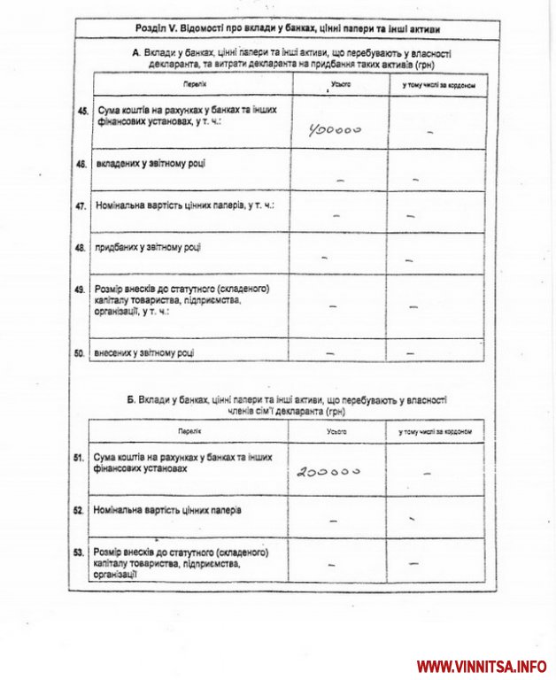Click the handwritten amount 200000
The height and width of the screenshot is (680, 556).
pyautogui.click(x=328, y=472)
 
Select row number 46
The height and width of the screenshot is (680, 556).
pyautogui.click(x=81, y=165)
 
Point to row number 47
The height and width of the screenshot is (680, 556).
pyautogui.click(x=81, y=205)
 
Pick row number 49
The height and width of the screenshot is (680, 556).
pyautogui.click(x=81, y=290)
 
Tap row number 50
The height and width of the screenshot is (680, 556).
pyautogui.click(x=81, y=353)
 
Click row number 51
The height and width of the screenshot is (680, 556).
pyautogui.click(x=79, y=458)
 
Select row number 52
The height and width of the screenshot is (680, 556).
pyautogui.click(x=79, y=510)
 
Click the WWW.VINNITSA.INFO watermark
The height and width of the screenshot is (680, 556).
pyautogui.click(x=482, y=666)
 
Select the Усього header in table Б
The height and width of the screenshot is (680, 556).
pyautogui.click(x=336, y=430)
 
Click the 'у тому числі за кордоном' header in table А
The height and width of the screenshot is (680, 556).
pyautogui.click(x=438, y=85)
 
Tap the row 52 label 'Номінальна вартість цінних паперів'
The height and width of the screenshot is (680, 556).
pyautogui.click(x=167, y=510)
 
